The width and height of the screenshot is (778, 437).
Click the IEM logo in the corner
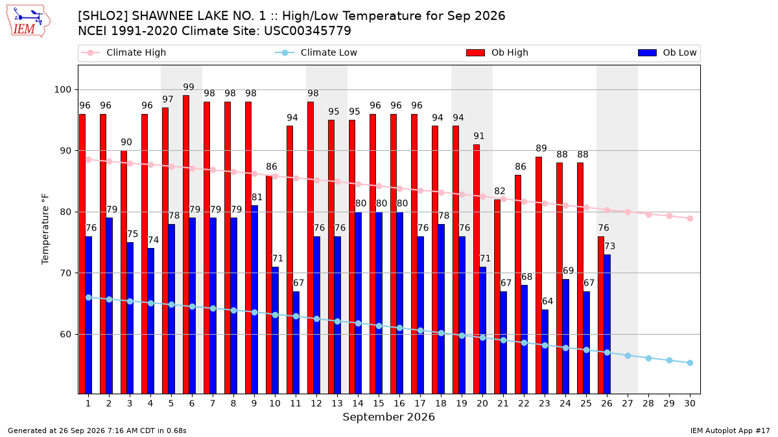tap(29, 21)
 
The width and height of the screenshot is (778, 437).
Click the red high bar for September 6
tap(186, 245)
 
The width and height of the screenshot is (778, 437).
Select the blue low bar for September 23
tap(545, 352)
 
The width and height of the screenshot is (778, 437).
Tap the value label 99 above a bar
tap(189, 87)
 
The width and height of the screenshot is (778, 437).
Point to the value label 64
tap(547, 301)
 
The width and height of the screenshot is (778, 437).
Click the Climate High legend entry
tap(123, 52)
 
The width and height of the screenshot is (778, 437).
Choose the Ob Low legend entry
tap(667, 52)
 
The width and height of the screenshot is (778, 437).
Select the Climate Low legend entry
tap(316, 52)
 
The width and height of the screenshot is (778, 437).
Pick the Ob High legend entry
tap(497, 52)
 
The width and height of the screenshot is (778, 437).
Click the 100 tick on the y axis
tap(62, 89)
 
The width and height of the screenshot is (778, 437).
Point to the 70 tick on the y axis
tap(65, 273)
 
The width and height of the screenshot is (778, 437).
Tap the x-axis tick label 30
tap(690, 403)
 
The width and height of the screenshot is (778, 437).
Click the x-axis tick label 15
tap(379, 403)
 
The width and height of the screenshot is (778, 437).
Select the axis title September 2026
tap(388, 417)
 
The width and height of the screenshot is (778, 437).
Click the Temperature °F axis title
tap(45, 229)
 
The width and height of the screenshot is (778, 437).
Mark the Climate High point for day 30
tap(690, 219)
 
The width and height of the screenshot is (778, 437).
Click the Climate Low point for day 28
tap(648, 358)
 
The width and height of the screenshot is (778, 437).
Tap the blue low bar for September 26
tap(607, 324)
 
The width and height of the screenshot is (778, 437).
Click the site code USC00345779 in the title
tap(308, 31)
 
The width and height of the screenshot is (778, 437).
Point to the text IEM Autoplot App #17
tap(730, 431)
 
